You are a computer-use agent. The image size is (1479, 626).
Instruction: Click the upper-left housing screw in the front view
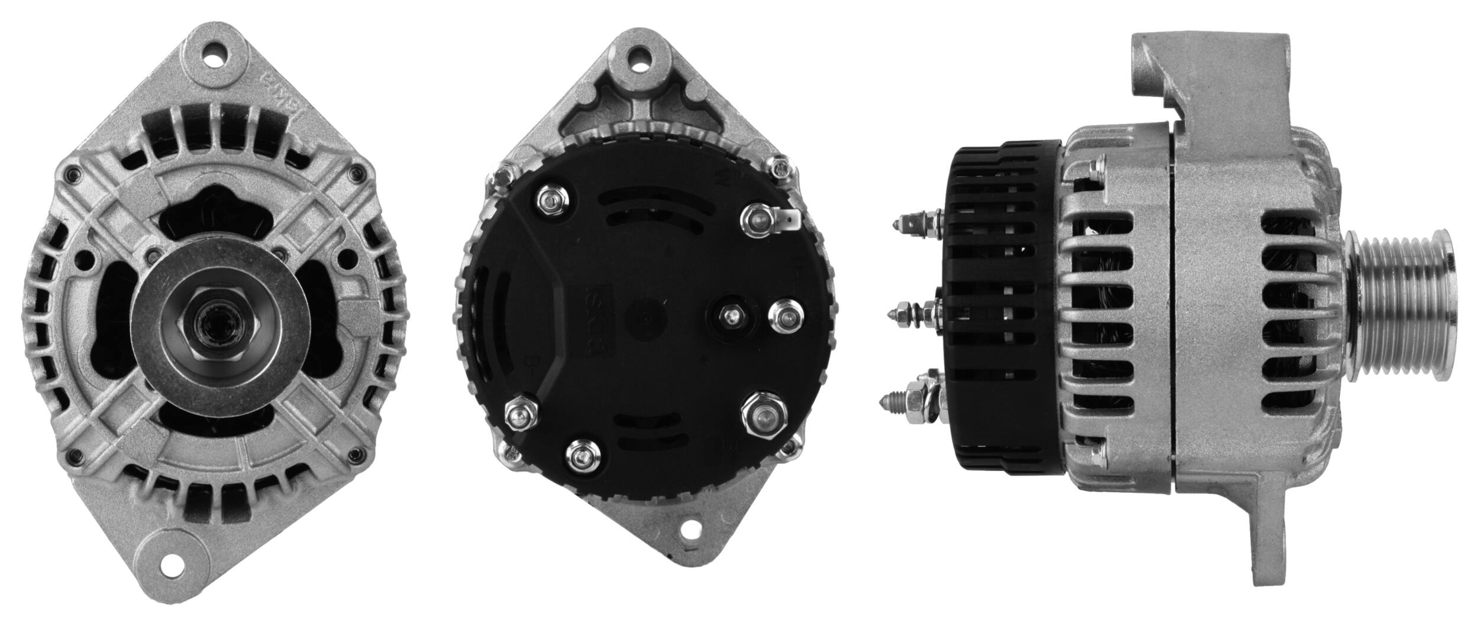pyautogui.click(x=72, y=175)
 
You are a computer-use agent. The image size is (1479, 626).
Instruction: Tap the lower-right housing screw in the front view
pyautogui.click(x=354, y=455)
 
